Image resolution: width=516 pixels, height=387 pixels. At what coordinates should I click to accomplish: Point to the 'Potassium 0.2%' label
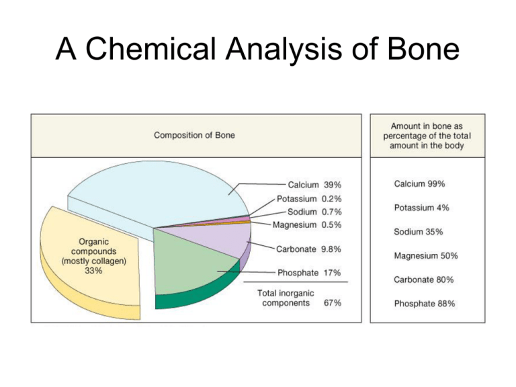[x=308, y=199]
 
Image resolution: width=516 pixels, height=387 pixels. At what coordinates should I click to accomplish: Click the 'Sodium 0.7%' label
[x=314, y=212]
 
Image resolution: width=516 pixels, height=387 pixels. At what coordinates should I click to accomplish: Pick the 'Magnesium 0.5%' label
[x=308, y=224]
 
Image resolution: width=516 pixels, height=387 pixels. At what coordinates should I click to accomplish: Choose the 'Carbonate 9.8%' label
[x=308, y=248]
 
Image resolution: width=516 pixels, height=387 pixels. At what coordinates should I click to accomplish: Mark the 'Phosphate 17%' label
[x=308, y=273]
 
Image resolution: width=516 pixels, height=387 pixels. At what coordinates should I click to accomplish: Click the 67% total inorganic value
[x=331, y=302]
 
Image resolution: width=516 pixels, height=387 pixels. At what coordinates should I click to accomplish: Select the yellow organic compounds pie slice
[x=87, y=269]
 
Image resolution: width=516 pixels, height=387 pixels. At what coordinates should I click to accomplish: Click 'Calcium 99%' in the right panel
[x=418, y=183]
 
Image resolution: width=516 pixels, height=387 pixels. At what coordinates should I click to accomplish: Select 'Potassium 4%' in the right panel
[x=421, y=208]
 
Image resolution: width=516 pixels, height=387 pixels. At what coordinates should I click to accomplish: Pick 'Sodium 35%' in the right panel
[x=418, y=232]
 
